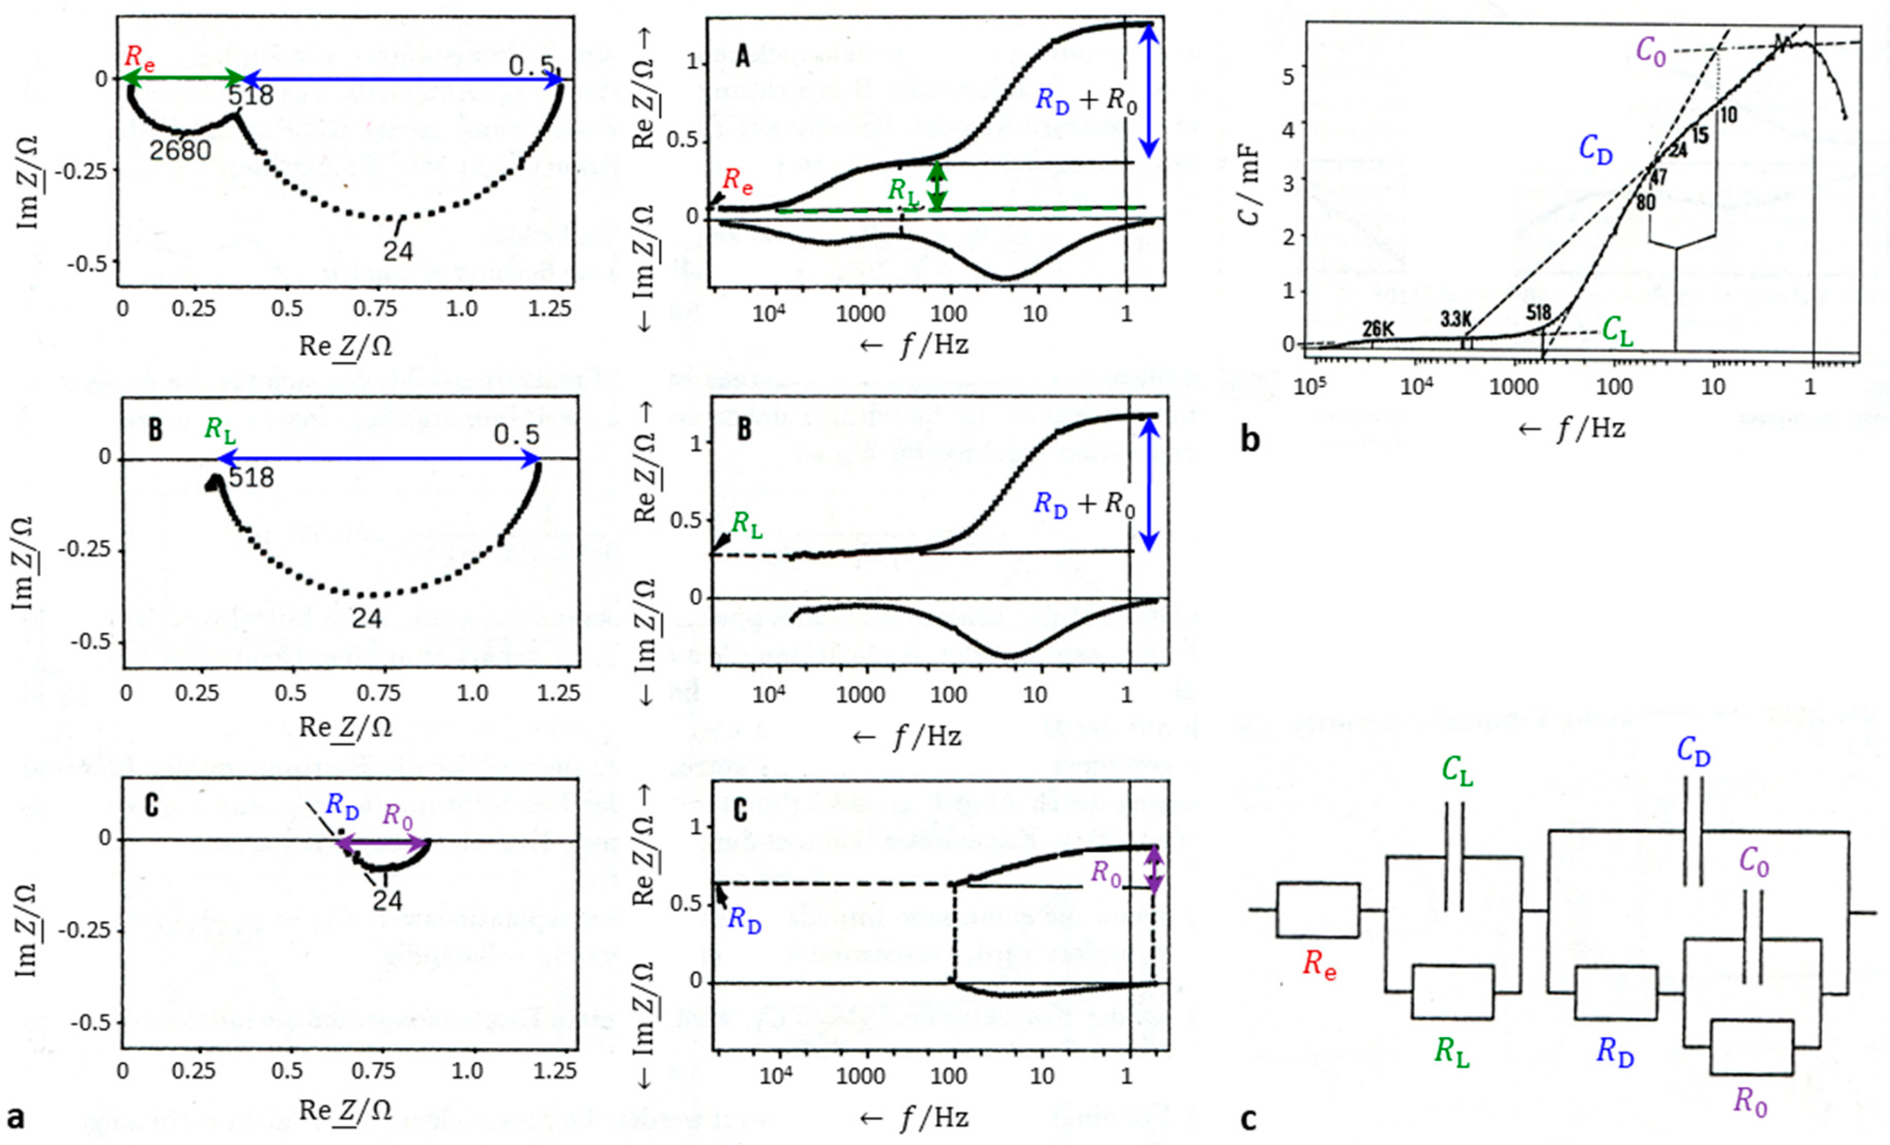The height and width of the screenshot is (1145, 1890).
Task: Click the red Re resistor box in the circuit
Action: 1318,910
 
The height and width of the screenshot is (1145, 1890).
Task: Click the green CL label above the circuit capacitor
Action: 1457,771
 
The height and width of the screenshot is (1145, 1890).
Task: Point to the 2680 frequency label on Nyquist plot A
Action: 181,150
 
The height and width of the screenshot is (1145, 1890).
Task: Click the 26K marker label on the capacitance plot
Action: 1378,329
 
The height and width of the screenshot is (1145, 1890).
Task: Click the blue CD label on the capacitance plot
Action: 1596,150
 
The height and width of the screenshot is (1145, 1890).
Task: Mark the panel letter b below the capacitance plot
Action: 1250,440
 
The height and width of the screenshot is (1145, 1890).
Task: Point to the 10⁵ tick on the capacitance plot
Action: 1310,385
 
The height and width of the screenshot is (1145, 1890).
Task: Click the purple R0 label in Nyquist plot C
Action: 397,815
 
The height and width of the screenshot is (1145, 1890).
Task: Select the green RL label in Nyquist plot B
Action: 220,430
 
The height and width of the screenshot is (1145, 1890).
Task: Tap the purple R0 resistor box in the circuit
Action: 1751,1047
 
